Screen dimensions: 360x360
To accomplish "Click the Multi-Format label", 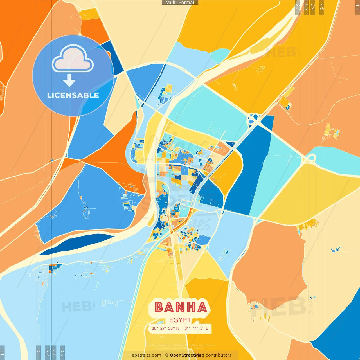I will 180,3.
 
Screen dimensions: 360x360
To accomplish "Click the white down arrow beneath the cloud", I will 69,80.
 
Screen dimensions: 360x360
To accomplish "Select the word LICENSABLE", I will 73,95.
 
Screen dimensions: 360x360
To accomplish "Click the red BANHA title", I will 181,307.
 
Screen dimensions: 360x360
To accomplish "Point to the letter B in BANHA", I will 159,307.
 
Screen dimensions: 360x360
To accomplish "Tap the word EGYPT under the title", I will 180,320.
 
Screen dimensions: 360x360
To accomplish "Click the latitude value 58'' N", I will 174,328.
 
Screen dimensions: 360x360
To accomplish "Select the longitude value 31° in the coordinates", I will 187,328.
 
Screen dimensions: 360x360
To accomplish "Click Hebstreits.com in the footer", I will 145,355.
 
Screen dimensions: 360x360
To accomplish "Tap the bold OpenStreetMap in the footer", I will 187,355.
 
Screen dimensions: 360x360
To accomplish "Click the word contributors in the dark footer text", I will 219,355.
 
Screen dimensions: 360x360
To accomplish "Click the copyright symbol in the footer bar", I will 167,355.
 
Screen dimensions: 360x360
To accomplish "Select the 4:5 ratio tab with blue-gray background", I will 39,352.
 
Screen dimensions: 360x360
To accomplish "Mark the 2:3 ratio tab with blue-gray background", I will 62,352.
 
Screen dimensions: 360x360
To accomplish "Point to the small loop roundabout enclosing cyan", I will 310,158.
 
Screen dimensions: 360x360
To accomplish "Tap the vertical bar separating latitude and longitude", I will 182,328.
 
